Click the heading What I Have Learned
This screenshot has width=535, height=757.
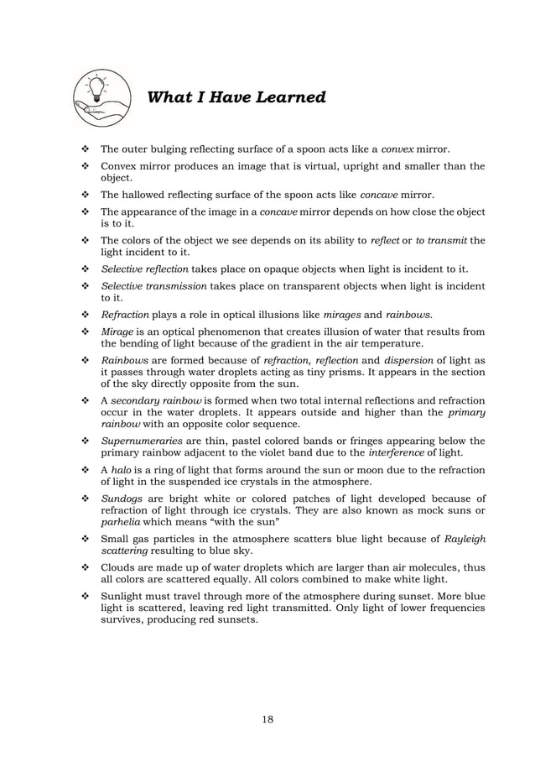coord(236,98)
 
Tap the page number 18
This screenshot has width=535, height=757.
coord(267,718)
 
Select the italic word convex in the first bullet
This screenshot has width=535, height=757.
coord(398,149)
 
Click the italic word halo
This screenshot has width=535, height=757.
coord(123,470)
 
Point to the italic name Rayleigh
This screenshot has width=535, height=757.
coord(461,540)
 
